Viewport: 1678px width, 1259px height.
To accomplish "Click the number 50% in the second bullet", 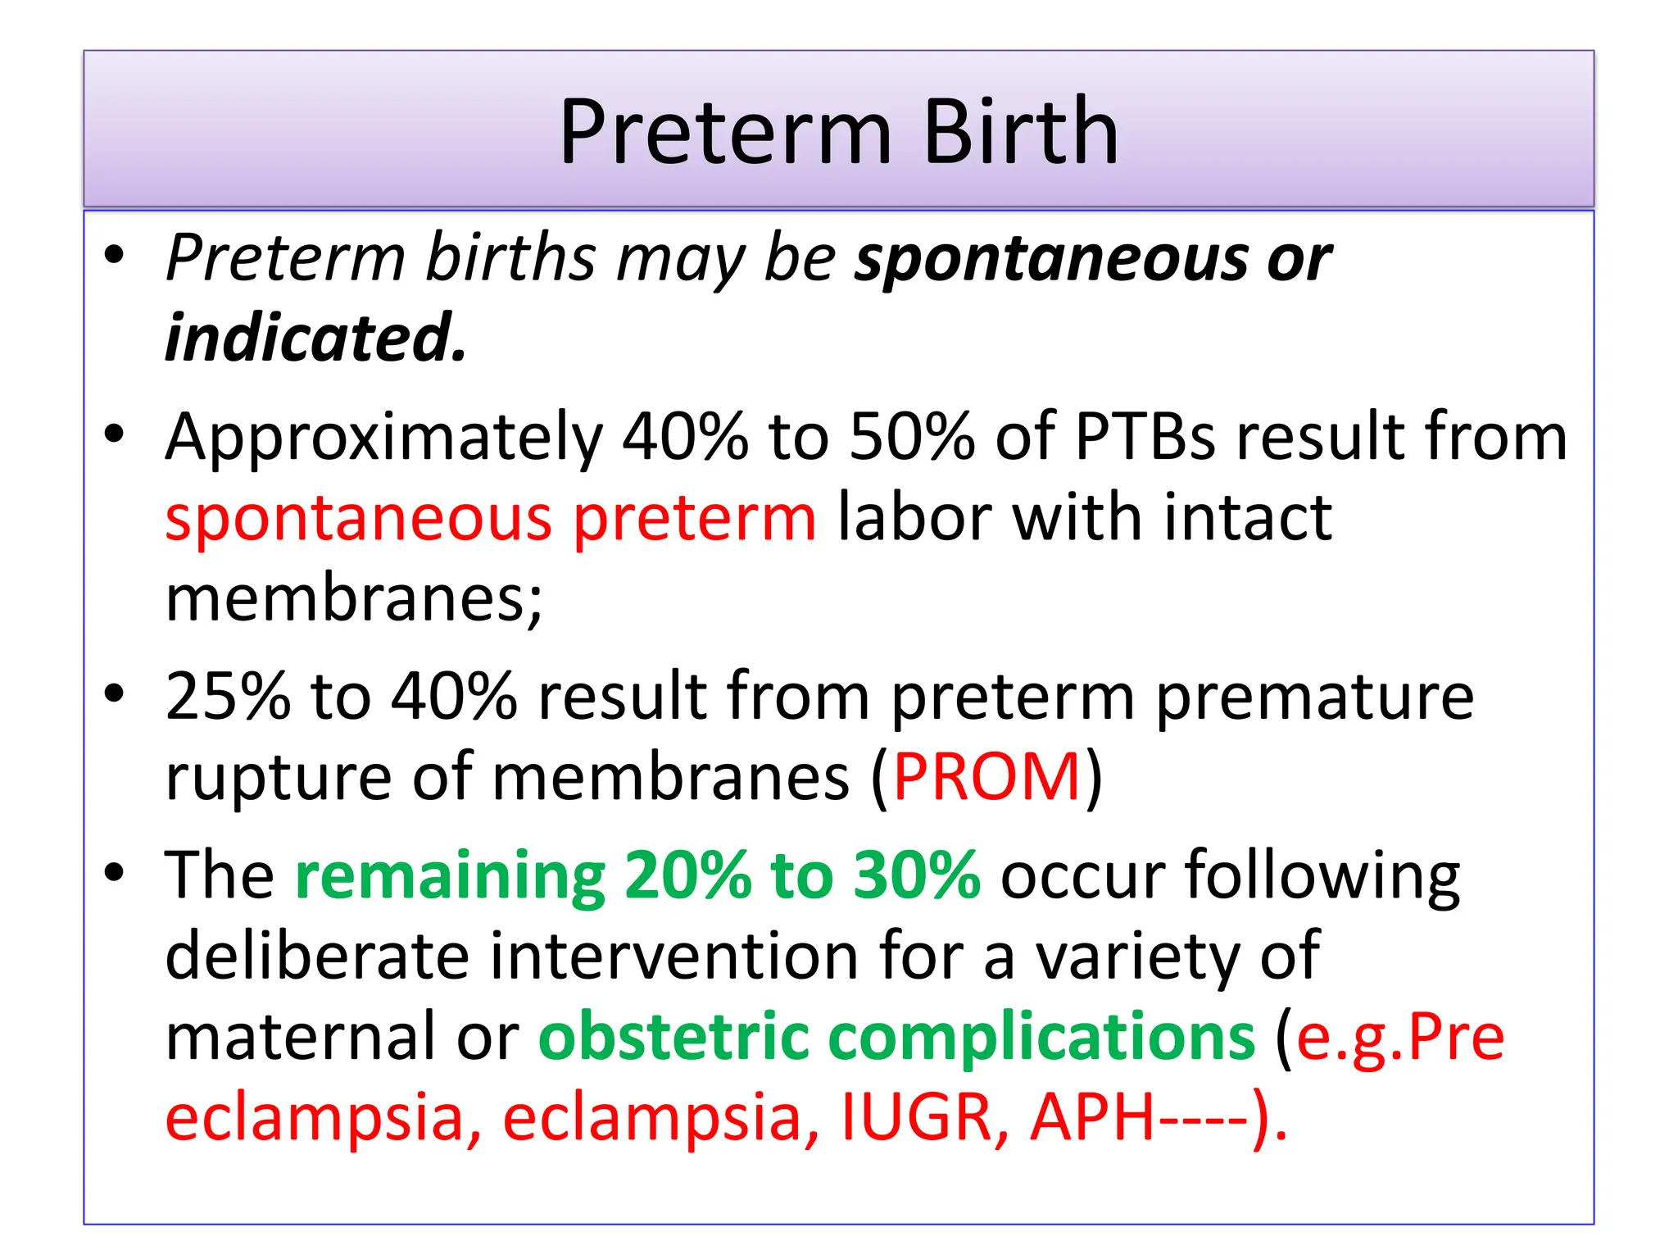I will pyautogui.click(x=912, y=436).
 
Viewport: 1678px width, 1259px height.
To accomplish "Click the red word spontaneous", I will pyautogui.click(x=359, y=520).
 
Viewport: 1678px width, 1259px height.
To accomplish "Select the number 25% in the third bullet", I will pyautogui.click(x=228, y=697).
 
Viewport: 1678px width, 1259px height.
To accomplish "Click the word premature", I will pyautogui.click(x=1314, y=697).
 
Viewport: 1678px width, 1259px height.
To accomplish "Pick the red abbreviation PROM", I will pyautogui.click(x=986, y=777).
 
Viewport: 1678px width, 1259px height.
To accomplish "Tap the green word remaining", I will pyautogui.click(x=450, y=875).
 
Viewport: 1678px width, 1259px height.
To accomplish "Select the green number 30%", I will pyautogui.click(x=916, y=875).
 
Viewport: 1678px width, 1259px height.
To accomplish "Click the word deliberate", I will pyautogui.click(x=316, y=956).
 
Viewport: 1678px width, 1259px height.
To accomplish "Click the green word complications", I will pyautogui.click(x=1041, y=1036).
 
